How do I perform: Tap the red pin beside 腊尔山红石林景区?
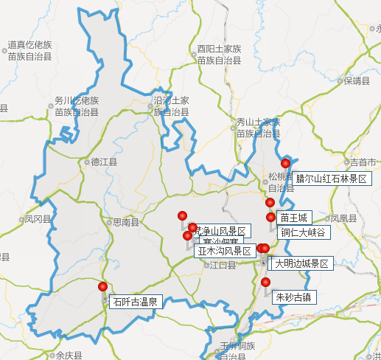[x=286, y=164]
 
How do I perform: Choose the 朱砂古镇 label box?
[x=293, y=298]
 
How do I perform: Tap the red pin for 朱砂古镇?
[x=266, y=283]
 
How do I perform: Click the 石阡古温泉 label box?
[x=135, y=302]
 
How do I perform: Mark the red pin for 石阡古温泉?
[x=102, y=287]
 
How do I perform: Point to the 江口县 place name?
[x=223, y=265]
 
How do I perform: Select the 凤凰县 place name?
[x=343, y=218]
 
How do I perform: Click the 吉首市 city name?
[x=363, y=162]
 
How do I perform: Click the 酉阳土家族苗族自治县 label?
[x=219, y=55]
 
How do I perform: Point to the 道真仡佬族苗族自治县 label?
[x=29, y=50]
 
